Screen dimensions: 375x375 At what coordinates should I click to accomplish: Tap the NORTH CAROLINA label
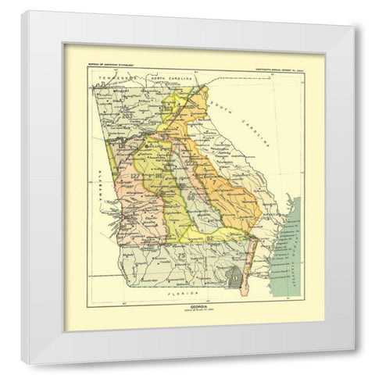171,80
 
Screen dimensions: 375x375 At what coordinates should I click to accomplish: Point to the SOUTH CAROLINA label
248,119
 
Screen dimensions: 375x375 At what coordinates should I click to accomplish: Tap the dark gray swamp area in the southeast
232,275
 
